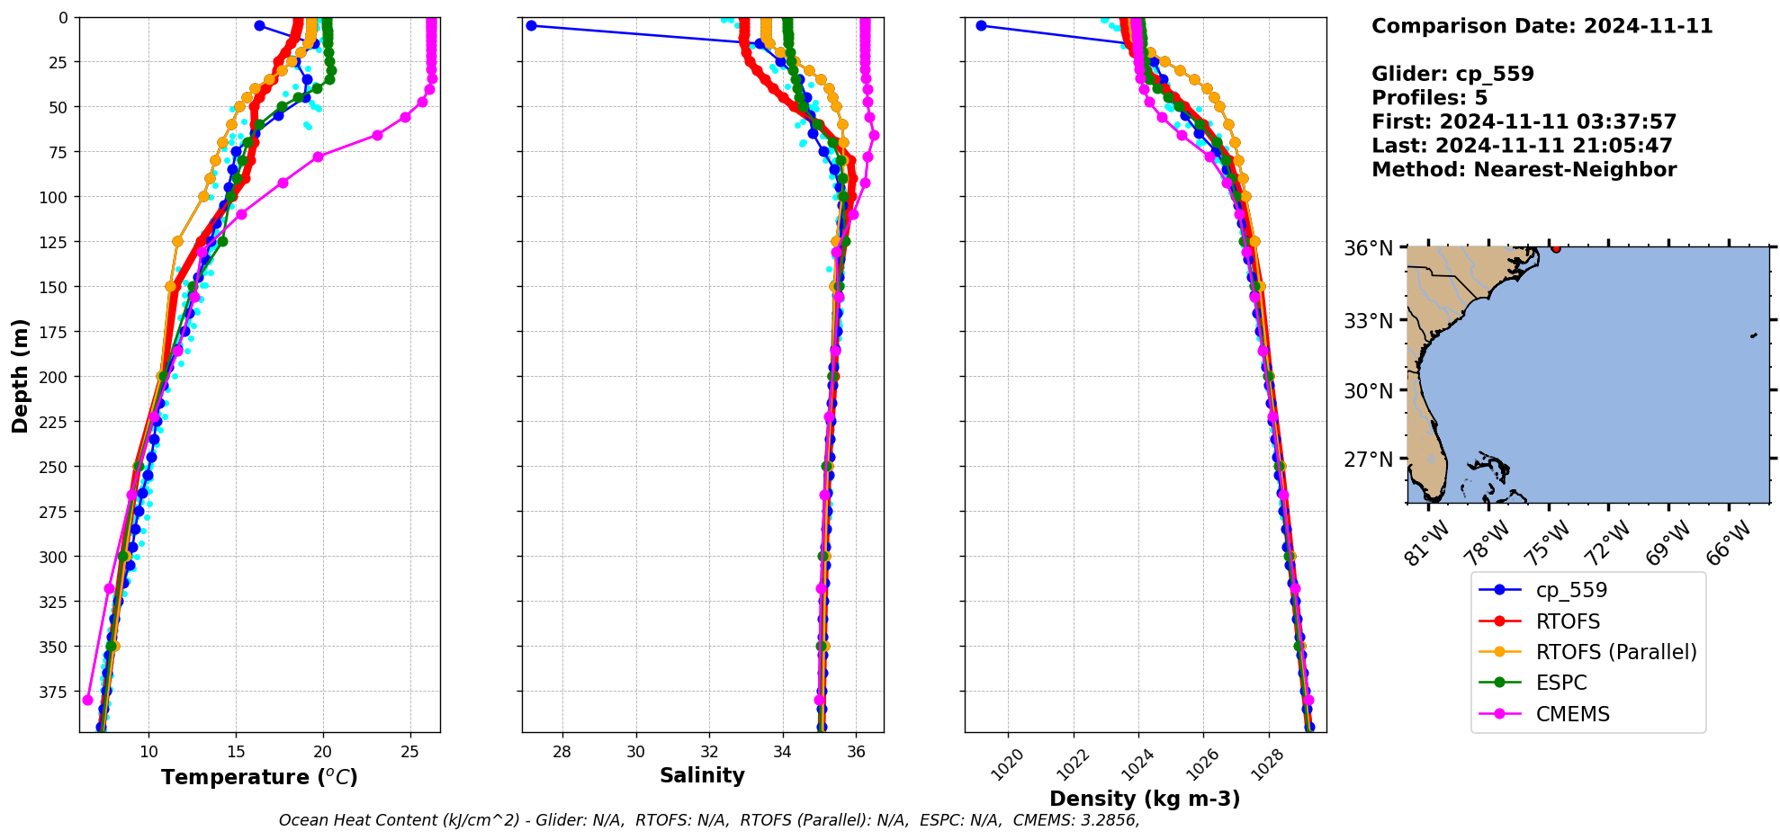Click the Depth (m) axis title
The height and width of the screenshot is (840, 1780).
20,375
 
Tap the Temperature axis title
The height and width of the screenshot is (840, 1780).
259,777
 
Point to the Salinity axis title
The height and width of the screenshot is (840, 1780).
702,775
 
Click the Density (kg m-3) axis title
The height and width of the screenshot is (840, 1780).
1145,799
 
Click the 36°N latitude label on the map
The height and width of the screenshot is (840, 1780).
1368,248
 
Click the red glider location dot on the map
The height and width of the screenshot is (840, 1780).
1556,248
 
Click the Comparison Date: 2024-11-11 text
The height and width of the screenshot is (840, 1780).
1542,26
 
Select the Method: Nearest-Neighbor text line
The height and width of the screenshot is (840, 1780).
1524,170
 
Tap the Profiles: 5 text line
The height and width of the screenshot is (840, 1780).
1429,98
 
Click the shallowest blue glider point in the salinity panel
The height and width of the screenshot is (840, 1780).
531,26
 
